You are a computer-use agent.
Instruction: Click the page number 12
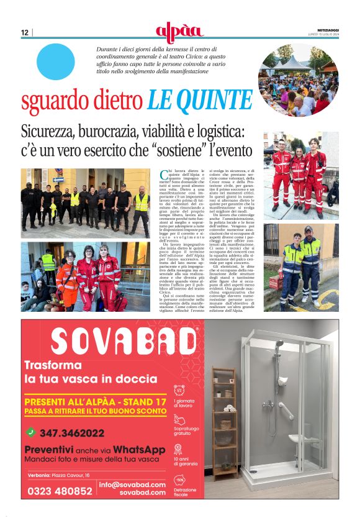click(x=25, y=32)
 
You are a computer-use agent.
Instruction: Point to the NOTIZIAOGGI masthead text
click(x=323, y=30)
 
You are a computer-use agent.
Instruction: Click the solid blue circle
click(x=55, y=61)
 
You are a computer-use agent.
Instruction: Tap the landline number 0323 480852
click(x=60, y=491)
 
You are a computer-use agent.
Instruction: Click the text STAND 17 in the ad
click(x=140, y=402)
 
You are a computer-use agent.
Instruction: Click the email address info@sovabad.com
click(x=132, y=484)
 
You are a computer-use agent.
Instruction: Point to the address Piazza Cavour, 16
click(x=71, y=475)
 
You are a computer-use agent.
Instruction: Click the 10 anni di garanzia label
click(x=184, y=461)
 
